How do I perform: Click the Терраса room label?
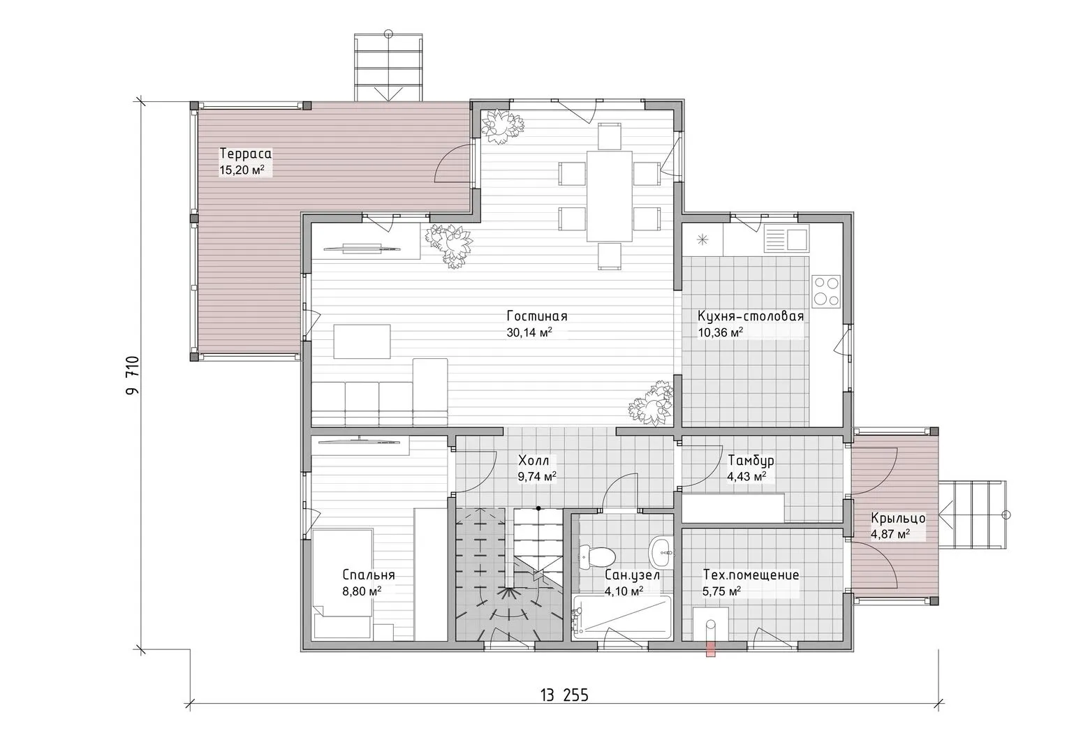click(x=245, y=154)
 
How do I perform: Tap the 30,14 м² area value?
click(x=529, y=332)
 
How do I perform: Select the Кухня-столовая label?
click(x=751, y=316)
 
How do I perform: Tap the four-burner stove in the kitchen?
click(x=826, y=291)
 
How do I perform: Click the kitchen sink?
click(x=786, y=239)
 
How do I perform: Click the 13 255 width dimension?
click(x=564, y=696)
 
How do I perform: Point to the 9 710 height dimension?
click(x=133, y=375)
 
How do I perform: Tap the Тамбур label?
click(x=751, y=461)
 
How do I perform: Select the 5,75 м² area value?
click(x=721, y=591)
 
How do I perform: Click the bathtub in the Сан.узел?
click(x=622, y=617)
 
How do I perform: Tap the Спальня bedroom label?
click(x=369, y=575)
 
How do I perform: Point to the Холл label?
click(x=533, y=461)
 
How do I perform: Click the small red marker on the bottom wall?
click(x=711, y=650)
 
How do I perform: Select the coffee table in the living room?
click(x=362, y=341)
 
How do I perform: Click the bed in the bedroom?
click(x=342, y=584)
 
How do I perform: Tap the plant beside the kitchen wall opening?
click(x=652, y=404)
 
